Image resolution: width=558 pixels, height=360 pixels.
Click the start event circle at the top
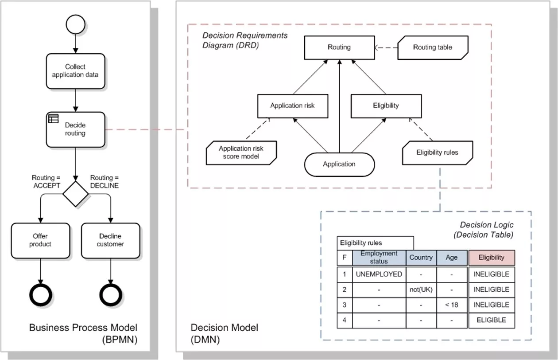(x=75, y=24)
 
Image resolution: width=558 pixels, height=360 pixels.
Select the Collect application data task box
(x=75, y=71)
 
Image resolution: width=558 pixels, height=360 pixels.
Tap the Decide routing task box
(x=75, y=129)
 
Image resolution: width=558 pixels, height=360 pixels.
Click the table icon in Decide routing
(x=54, y=119)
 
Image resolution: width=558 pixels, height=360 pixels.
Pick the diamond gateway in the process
(x=75, y=194)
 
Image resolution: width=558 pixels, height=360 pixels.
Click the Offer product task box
(x=41, y=240)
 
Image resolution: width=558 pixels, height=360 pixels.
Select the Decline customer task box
(x=110, y=240)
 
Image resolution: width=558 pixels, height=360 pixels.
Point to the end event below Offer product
(x=41, y=294)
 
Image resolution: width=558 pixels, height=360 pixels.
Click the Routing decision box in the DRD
(x=339, y=47)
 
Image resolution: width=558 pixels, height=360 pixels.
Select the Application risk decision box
(x=293, y=106)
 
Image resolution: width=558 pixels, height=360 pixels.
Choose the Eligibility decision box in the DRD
(x=386, y=106)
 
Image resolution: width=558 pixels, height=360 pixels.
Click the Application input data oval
(x=339, y=164)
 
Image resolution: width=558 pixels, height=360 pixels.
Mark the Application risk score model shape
(x=241, y=153)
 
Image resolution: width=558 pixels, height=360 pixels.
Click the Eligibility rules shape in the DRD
(x=438, y=153)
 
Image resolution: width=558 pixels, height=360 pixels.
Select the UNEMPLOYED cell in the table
(x=379, y=274)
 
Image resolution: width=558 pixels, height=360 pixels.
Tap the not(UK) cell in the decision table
(x=421, y=290)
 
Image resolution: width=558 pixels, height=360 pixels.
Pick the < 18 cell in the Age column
(x=452, y=305)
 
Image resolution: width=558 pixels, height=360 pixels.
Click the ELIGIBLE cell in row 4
(x=492, y=320)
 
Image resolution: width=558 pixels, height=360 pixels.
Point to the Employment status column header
(x=379, y=258)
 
